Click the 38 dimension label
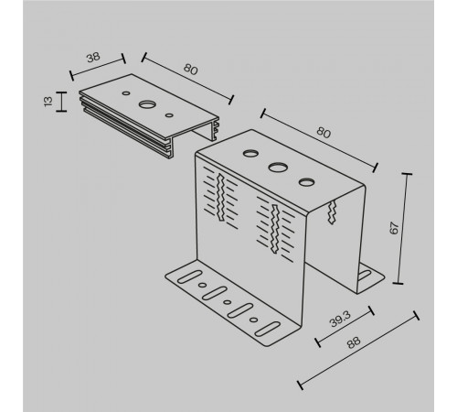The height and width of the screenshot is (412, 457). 93,58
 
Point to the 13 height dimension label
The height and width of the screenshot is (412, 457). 48,102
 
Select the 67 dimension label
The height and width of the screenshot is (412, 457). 394,228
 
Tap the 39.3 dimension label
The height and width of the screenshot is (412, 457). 340,320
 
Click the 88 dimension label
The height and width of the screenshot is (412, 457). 354,342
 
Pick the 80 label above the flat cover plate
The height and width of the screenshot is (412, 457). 191,70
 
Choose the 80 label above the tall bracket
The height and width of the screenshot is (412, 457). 324,133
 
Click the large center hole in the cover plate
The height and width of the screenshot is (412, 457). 146,104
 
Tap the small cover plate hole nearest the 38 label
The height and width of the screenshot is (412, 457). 126,93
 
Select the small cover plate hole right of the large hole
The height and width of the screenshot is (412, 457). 169,115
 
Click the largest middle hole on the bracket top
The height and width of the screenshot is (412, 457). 278,168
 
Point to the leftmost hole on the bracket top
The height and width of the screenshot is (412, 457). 250,153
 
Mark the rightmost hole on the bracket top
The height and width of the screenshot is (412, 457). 306,182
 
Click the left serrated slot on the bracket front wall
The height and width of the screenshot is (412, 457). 221,197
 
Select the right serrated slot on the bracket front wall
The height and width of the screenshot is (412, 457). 275,229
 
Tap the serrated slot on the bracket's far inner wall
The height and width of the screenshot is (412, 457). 332,212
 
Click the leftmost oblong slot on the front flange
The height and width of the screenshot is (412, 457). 189,276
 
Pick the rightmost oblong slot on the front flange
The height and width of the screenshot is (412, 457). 268,329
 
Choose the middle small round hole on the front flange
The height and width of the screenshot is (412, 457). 228,302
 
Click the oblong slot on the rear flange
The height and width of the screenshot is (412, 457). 364,275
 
